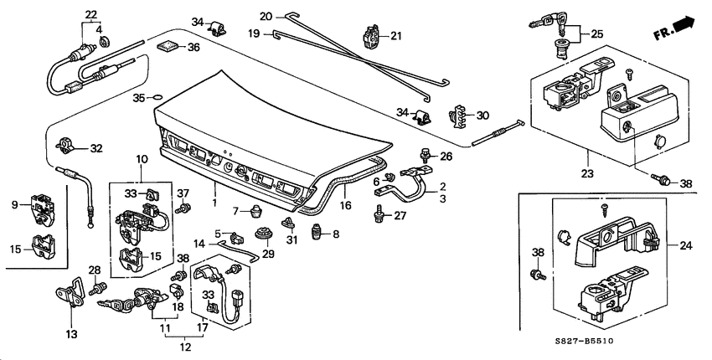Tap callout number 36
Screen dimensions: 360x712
click(x=193, y=48)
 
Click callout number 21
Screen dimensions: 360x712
click(x=396, y=35)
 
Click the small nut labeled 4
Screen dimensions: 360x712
click(x=103, y=42)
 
